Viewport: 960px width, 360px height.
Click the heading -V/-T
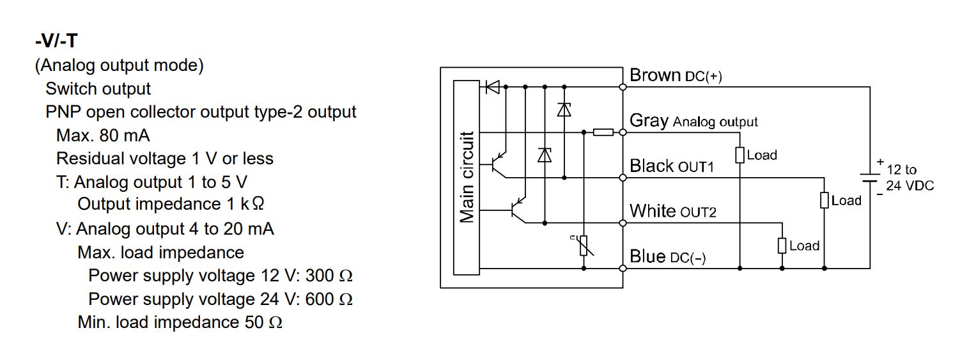(56, 42)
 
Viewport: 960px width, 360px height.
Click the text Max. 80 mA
(103, 136)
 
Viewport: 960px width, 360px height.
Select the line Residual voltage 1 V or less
(164, 159)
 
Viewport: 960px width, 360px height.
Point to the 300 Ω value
(329, 276)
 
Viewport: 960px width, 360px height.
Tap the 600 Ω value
(329, 299)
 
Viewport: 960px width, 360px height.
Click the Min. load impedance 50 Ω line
(180, 322)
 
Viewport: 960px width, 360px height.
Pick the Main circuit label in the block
(467, 178)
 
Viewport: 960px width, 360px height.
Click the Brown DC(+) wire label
(676, 75)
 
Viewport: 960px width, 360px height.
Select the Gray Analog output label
(693, 121)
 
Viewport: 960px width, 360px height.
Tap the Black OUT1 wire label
(671, 166)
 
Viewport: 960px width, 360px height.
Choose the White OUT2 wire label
(672, 211)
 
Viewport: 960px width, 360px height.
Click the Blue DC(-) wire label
(667, 257)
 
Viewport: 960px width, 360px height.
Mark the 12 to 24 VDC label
(910, 178)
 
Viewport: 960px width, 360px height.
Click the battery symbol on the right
(870, 176)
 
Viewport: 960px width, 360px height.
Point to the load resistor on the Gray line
(739, 155)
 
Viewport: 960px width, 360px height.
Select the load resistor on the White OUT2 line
(782, 246)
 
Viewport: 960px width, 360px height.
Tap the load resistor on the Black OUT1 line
(825, 200)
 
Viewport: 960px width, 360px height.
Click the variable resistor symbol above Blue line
(584, 246)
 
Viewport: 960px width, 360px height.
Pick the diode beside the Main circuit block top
(492, 86)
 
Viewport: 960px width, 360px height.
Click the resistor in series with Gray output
(603, 132)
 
